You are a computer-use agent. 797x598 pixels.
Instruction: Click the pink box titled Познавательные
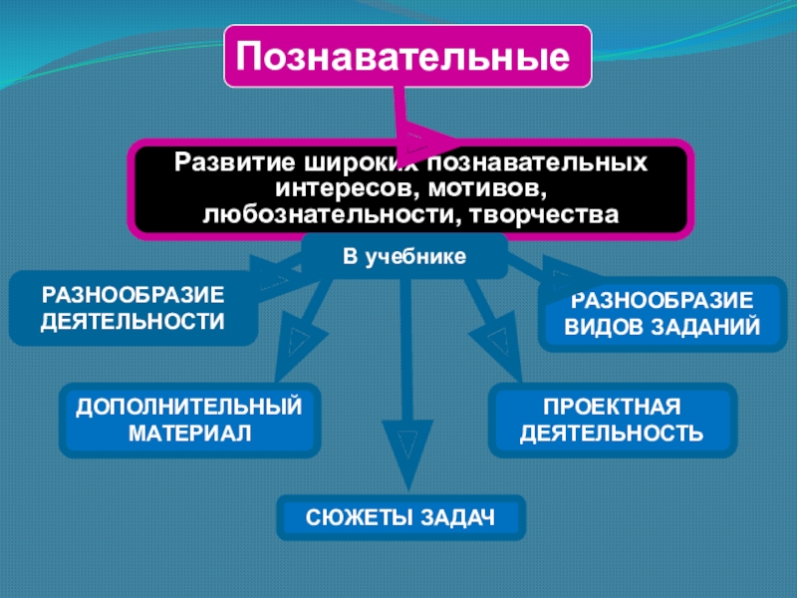tap(407, 56)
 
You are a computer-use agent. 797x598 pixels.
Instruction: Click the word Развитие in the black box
tap(222, 161)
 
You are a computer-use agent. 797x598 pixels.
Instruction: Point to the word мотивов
tap(494, 187)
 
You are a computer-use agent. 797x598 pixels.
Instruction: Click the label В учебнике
tap(404, 257)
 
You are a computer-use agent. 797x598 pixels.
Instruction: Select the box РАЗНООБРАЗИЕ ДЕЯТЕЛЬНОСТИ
tap(133, 309)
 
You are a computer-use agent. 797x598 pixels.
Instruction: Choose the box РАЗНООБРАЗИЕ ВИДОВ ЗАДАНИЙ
tap(663, 315)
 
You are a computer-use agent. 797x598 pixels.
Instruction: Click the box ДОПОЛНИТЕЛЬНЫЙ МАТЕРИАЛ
tap(189, 420)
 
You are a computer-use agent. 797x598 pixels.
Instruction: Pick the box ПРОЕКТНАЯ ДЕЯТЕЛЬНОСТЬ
tap(613, 420)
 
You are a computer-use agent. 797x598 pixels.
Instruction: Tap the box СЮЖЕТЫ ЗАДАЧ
tap(400, 517)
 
